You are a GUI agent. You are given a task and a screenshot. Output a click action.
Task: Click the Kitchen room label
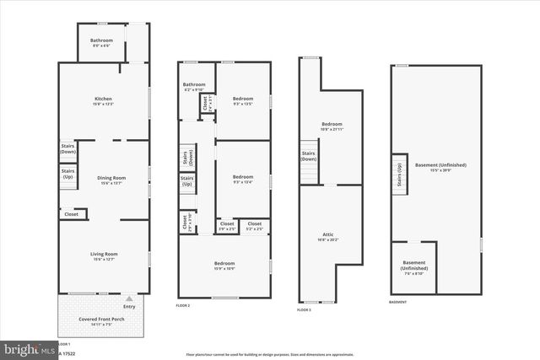pos(103,102)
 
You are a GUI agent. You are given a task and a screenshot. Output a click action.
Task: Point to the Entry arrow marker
pos(128,298)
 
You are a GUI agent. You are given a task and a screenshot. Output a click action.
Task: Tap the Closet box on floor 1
pos(72,214)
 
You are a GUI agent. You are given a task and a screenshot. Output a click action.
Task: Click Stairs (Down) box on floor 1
pos(67,148)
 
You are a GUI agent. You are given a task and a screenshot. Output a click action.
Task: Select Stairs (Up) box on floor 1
pos(67,175)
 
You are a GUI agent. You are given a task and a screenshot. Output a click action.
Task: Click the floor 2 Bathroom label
pos(194,86)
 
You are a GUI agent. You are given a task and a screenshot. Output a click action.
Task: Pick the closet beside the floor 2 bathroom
pos(205,103)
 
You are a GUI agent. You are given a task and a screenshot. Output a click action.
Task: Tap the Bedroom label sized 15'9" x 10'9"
pos(224,266)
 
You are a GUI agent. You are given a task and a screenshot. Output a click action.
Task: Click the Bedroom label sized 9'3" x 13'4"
pos(243,179)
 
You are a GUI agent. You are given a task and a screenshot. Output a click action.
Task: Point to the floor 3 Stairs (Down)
pos(309,156)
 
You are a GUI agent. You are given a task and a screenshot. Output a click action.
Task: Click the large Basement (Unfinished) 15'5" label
pos(440,167)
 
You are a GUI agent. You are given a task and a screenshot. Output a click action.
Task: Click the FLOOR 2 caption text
pos(183,305)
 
